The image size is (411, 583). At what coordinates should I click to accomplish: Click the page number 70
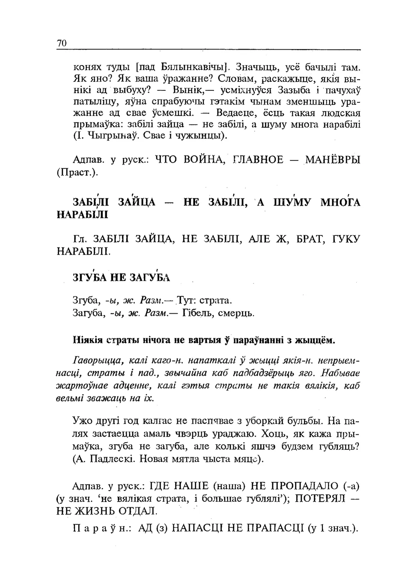coord(62,43)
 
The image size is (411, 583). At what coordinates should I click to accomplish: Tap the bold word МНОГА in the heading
coord(340,202)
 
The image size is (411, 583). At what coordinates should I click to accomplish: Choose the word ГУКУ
coord(346,239)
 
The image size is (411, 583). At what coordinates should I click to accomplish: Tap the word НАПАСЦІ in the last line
coord(194,528)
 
